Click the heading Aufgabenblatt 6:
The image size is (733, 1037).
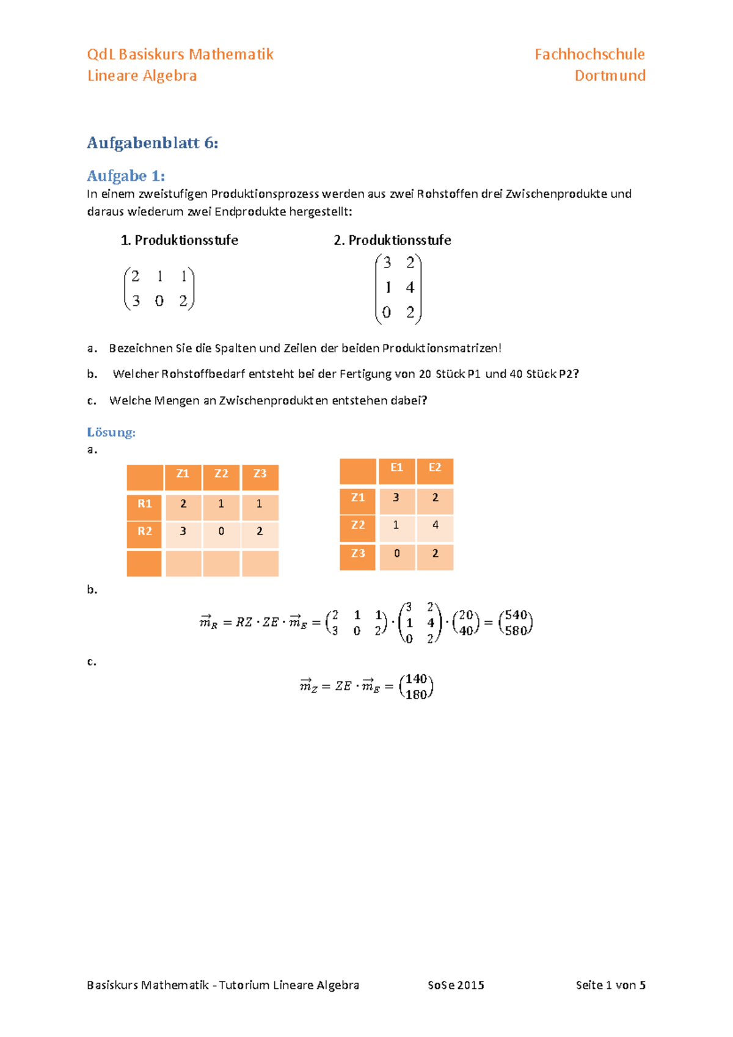click(152, 143)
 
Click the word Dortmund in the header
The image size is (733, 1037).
click(610, 76)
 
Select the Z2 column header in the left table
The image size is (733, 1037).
click(221, 474)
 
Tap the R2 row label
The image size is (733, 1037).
click(144, 531)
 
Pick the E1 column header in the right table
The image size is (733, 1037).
click(396, 468)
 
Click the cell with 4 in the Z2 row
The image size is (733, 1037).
click(435, 525)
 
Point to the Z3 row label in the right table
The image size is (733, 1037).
click(358, 553)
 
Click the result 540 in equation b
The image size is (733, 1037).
click(516, 615)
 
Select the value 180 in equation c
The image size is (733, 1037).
click(416, 695)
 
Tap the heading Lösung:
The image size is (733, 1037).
click(111, 432)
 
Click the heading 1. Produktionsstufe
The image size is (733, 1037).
click(179, 240)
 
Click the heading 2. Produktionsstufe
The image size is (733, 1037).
click(392, 240)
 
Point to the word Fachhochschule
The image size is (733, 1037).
click(589, 54)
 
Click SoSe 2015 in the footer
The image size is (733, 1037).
click(456, 985)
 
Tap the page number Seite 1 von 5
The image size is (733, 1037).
click(610, 985)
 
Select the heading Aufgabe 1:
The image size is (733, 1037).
click(126, 176)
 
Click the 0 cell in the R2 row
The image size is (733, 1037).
click(221, 531)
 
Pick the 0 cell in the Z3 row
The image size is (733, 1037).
click(396, 553)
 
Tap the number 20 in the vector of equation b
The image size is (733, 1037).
click(465, 615)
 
